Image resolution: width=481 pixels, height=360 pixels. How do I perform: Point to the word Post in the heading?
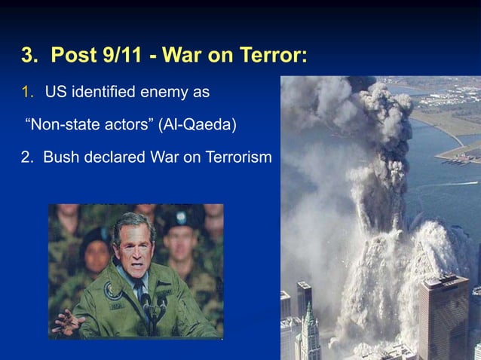[x=68, y=56]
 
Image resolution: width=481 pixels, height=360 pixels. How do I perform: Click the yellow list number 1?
[x=28, y=93]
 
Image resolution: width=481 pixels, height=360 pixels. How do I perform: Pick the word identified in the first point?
[x=105, y=93]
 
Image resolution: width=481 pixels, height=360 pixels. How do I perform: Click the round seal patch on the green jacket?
[x=112, y=292]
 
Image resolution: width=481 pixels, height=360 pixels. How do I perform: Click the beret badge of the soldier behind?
[x=181, y=217]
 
